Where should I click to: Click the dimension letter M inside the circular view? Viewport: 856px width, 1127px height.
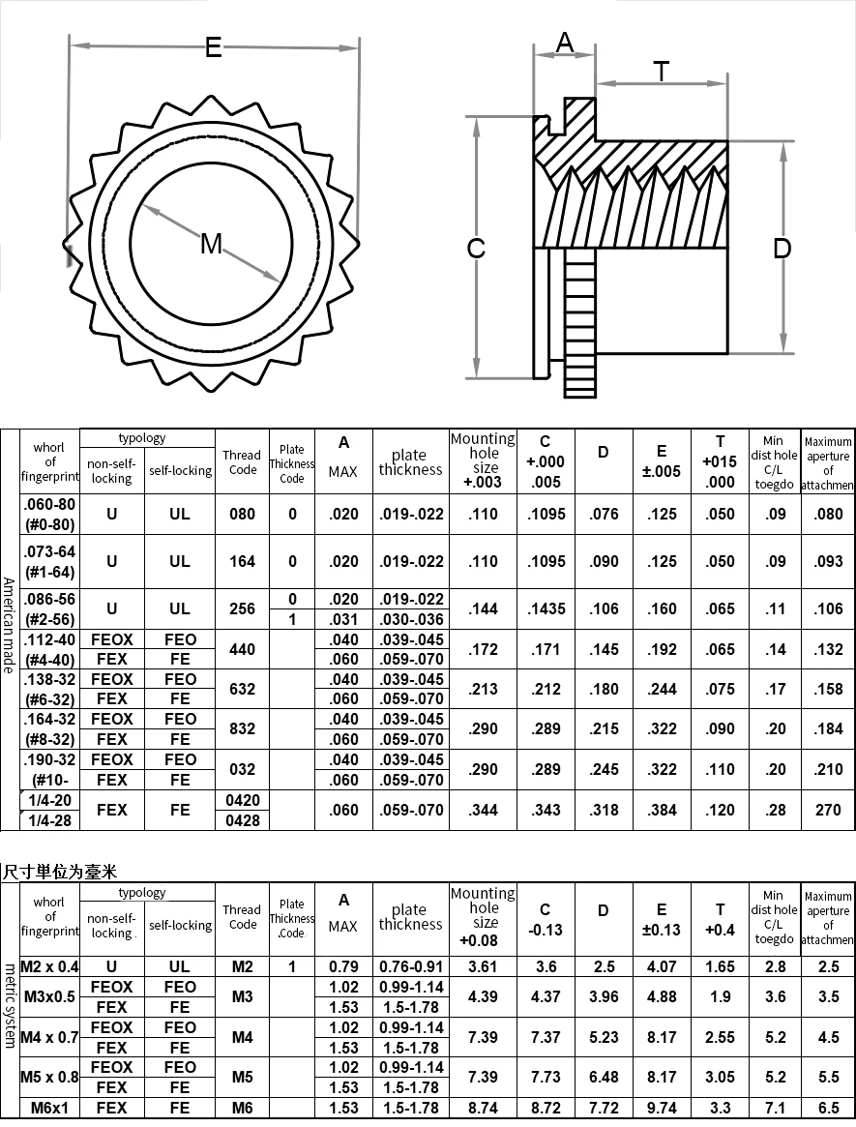[x=211, y=244]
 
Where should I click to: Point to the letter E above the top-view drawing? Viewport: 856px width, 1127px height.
[x=213, y=46]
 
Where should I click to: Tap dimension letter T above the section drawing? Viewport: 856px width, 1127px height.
[x=661, y=72]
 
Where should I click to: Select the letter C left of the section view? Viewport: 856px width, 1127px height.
[x=476, y=249]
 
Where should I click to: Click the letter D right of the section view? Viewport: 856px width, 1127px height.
[x=782, y=249]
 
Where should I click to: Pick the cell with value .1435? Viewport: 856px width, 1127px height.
[x=546, y=608]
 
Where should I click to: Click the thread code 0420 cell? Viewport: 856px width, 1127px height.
[x=242, y=801]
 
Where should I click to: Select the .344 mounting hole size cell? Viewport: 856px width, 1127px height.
[x=483, y=811]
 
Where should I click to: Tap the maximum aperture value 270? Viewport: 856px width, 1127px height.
[x=828, y=811]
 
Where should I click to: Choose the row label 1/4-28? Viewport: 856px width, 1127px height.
[x=49, y=820]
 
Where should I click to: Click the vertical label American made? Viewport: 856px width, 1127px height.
[x=9, y=625]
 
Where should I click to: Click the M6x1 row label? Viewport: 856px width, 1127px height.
[x=49, y=1108]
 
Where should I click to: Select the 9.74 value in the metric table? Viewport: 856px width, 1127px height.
[x=662, y=1108]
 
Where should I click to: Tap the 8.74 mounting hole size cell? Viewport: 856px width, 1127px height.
[x=483, y=1108]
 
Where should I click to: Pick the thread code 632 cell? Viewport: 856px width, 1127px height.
[x=242, y=689]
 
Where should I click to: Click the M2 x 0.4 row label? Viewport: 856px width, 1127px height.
[x=49, y=966]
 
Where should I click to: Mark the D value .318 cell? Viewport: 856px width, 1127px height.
[x=604, y=811]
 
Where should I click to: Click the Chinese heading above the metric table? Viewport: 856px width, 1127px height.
[x=59, y=873]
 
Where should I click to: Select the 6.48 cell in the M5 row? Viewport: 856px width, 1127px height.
[x=604, y=1077]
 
